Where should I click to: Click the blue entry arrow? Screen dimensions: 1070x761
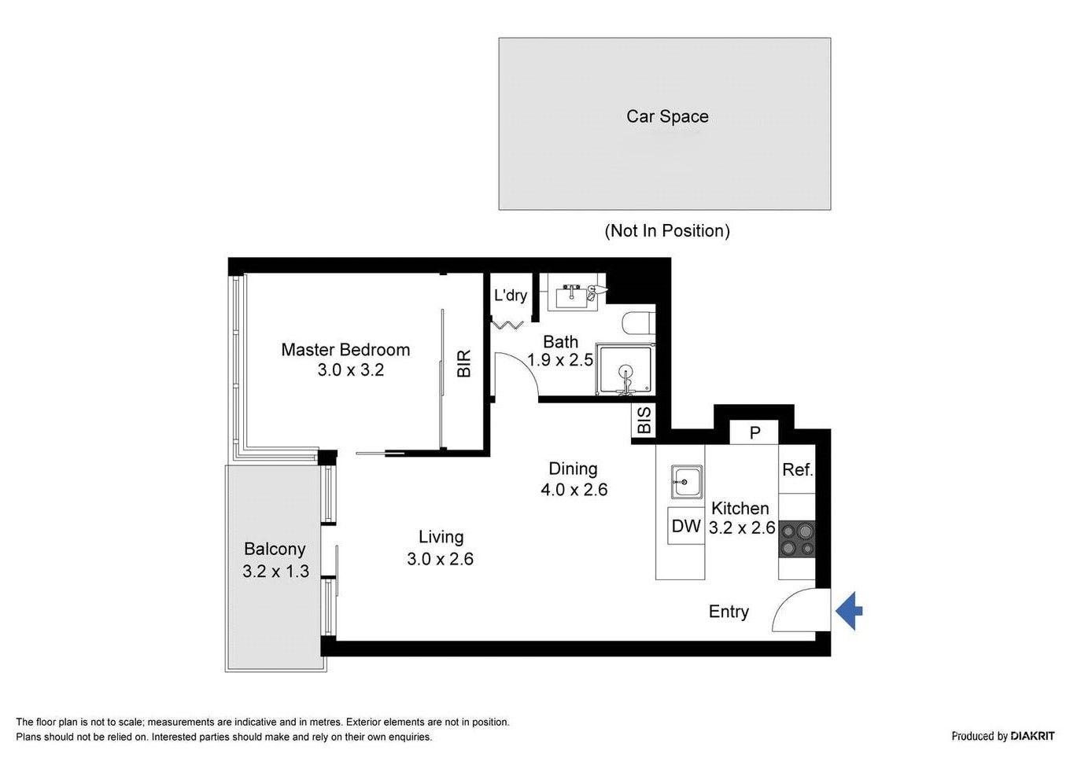click(x=848, y=611)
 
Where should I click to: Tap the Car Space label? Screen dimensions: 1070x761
click(x=667, y=116)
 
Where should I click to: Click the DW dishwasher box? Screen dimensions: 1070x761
click(x=686, y=526)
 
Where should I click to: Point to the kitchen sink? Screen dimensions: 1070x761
click(x=686, y=482)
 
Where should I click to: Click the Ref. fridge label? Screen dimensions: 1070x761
click(x=797, y=470)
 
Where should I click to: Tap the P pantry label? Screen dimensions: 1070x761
click(x=755, y=433)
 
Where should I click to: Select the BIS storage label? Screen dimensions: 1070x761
click(x=644, y=420)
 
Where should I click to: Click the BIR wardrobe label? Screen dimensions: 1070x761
click(x=464, y=363)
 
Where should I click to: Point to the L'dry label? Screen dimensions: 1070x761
click(x=510, y=295)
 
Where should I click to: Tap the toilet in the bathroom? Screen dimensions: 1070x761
click(x=639, y=323)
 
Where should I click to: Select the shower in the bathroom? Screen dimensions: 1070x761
click(x=625, y=369)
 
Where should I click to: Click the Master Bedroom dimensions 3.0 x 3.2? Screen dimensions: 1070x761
click(x=351, y=370)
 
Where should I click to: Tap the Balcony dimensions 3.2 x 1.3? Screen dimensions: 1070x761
click(x=275, y=572)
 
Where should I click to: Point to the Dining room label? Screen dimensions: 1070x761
click(x=573, y=469)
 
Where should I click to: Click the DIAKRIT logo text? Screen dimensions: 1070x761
click(x=1032, y=736)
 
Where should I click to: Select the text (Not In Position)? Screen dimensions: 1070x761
click(x=667, y=231)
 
